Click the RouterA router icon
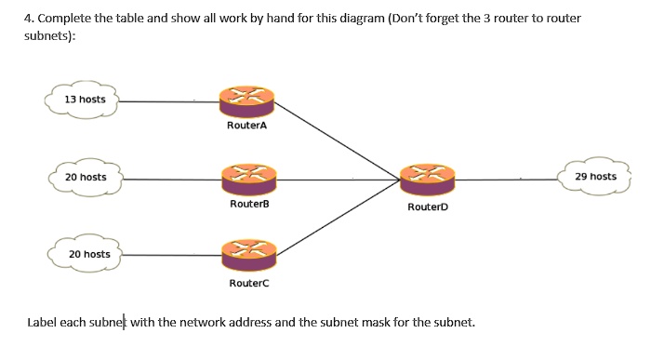click(246, 100)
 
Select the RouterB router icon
click(248, 177)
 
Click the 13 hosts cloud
click(85, 100)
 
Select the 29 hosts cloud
click(595, 177)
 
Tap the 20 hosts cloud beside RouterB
click(85, 177)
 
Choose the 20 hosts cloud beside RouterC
click(88, 254)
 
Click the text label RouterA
click(246, 126)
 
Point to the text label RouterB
click(248, 203)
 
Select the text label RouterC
click(248, 281)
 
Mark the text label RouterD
click(427, 207)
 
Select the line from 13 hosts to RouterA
click(167, 100)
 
